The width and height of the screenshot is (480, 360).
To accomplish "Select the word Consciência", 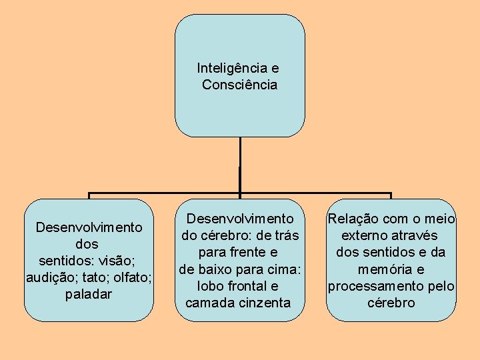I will point(239,85).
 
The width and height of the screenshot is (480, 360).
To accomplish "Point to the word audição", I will point(47,277).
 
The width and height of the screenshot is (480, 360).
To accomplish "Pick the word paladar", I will point(89,294).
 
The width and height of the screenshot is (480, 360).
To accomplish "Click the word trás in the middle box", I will point(285,235).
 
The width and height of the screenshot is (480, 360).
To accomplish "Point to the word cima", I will point(286,269).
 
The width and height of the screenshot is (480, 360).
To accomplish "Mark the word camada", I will point(208,303).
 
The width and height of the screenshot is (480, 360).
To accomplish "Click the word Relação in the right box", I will point(353,219).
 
